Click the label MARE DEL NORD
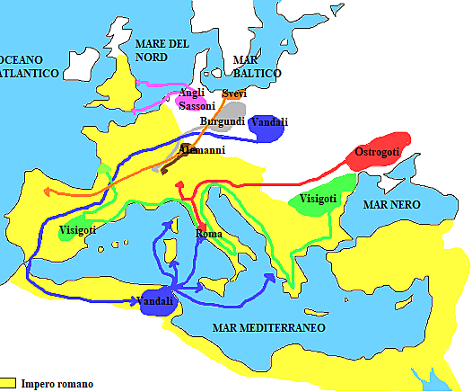162,50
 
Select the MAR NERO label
390,206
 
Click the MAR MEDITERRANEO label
268,327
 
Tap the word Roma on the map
210,235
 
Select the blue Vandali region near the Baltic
269,128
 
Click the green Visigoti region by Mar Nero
318,201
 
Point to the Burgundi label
222,121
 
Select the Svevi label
234,94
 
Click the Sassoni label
197,106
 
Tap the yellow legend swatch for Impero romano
9,383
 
